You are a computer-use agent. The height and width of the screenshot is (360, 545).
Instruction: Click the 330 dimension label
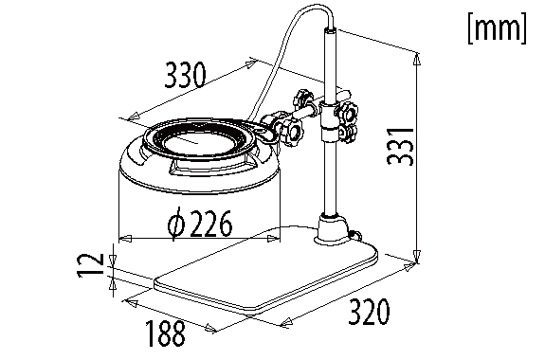(185, 76)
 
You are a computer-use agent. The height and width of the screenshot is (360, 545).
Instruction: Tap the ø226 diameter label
(199, 224)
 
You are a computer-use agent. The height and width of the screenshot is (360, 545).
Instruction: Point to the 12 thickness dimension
(90, 264)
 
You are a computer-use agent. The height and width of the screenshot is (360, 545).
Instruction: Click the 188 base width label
(165, 333)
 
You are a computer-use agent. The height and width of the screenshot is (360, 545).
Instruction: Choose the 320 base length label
(369, 312)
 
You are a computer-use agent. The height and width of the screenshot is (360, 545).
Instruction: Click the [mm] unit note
(498, 27)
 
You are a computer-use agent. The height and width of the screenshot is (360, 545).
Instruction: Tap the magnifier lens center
(197, 142)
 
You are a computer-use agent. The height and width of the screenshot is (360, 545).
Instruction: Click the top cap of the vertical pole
(330, 31)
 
